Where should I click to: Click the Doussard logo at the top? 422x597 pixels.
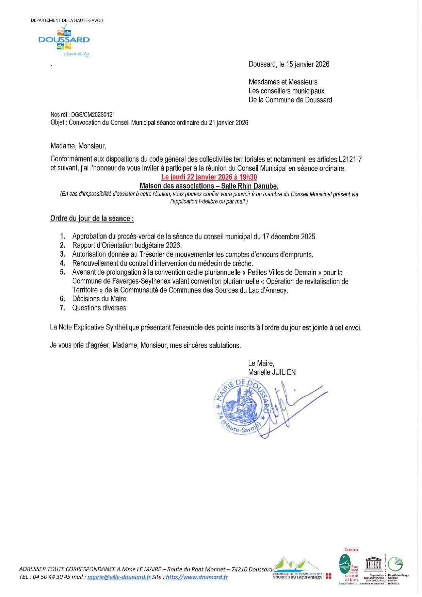coord(64,40)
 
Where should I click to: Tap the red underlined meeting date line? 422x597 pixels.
coord(209,177)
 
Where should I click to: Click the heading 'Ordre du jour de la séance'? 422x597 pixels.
coord(92,219)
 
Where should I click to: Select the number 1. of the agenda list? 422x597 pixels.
coord(62,237)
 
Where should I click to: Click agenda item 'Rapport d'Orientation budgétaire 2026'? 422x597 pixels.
coord(127,245)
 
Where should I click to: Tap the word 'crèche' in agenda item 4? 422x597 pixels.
coord(242,263)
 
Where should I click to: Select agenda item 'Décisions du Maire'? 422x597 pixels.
coord(99,299)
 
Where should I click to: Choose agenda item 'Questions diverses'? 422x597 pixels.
coord(99,308)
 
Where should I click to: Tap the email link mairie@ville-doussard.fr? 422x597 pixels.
coord(119,577)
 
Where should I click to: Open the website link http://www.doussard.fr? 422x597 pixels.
coord(196,577)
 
